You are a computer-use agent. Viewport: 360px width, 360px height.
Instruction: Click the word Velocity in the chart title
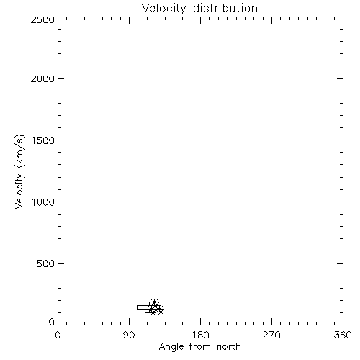click(x=163, y=9)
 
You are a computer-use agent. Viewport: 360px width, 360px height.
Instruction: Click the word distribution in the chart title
click(x=225, y=9)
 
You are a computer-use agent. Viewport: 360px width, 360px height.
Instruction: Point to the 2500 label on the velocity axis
click(x=42, y=19)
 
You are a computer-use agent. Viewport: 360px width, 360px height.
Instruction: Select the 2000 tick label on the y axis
click(x=42, y=78)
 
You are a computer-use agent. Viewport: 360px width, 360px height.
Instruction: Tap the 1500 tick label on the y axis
click(x=43, y=140)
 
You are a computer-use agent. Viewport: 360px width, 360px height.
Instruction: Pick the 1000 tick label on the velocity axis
click(x=43, y=202)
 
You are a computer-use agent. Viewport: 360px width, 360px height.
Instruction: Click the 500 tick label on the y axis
click(x=46, y=264)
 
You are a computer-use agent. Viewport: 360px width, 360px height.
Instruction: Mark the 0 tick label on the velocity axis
click(x=52, y=322)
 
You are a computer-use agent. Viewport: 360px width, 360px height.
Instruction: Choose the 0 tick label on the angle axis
click(x=58, y=335)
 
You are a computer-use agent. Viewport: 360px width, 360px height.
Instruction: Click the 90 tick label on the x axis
click(x=129, y=335)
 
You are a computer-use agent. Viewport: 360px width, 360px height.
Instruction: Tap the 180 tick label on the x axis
click(x=200, y=335)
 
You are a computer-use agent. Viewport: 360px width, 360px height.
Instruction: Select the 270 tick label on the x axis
click(x=271, y=335)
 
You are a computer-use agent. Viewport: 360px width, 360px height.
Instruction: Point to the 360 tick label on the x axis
click(x=343, y=335)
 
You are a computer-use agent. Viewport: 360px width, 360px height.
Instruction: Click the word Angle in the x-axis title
click(x=171, y=348)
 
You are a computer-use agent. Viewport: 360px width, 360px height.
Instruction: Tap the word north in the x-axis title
click(x=229, y=346)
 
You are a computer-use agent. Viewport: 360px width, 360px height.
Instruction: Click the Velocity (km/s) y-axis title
click(x=19, y=171)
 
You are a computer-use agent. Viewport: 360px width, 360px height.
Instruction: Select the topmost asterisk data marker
click(x=154, y=302)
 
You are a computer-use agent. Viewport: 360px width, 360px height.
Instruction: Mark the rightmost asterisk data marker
click(x=161, y=312)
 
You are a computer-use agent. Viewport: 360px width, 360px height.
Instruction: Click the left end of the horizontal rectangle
click(x=137, y=307)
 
